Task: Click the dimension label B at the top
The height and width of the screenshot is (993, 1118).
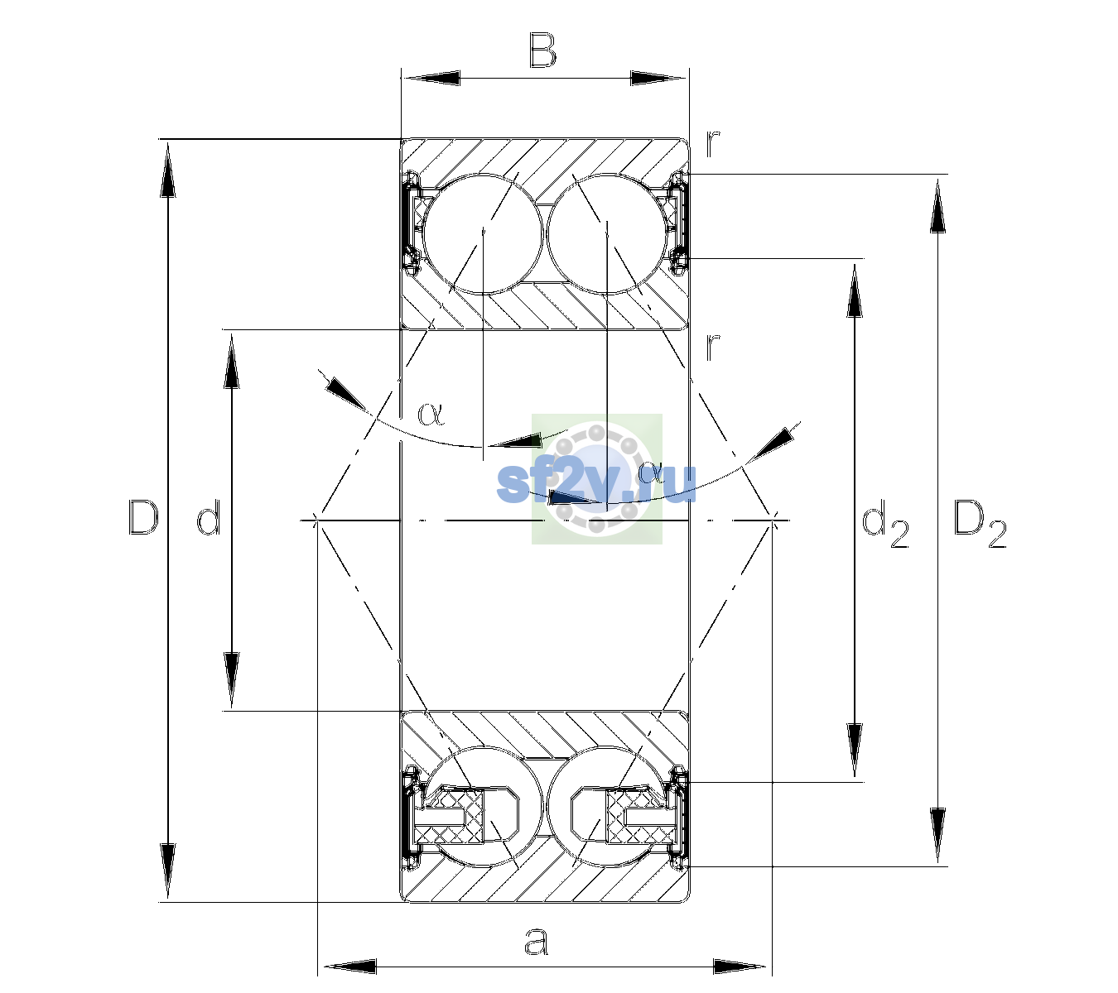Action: pyautogui.click(x=542, y=50)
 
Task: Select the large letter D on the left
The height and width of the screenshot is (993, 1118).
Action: pyautogui.click(x=143, y=517)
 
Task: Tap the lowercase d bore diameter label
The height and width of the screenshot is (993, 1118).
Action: pyautogui.click(x=210, y=517)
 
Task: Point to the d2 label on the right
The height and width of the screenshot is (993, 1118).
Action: pyautogui.click(x=884, y=523)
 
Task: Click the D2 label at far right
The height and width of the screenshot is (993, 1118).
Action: pyautogui.click(x=980, y=525)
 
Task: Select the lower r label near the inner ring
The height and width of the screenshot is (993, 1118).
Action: pyautogui.click(x=713, y=347)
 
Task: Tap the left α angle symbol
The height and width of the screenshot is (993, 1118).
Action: pyautogui.click(x=431, y=414)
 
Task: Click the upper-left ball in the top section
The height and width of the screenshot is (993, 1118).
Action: pyautogui.click(x=483, y=234)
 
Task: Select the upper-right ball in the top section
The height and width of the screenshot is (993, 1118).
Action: pyautogui.click(x=607, y=234)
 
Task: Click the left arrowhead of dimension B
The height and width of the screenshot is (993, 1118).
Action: pyautogui.click(x=431, y=79)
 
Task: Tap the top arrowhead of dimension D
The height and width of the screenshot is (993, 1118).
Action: pyautogui.click(x=168, y=168)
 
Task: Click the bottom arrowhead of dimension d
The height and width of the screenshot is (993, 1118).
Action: pyautogui.click(x=232, y=681)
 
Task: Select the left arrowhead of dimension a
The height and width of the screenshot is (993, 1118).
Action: pyautogui.click(x=349, y=967)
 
